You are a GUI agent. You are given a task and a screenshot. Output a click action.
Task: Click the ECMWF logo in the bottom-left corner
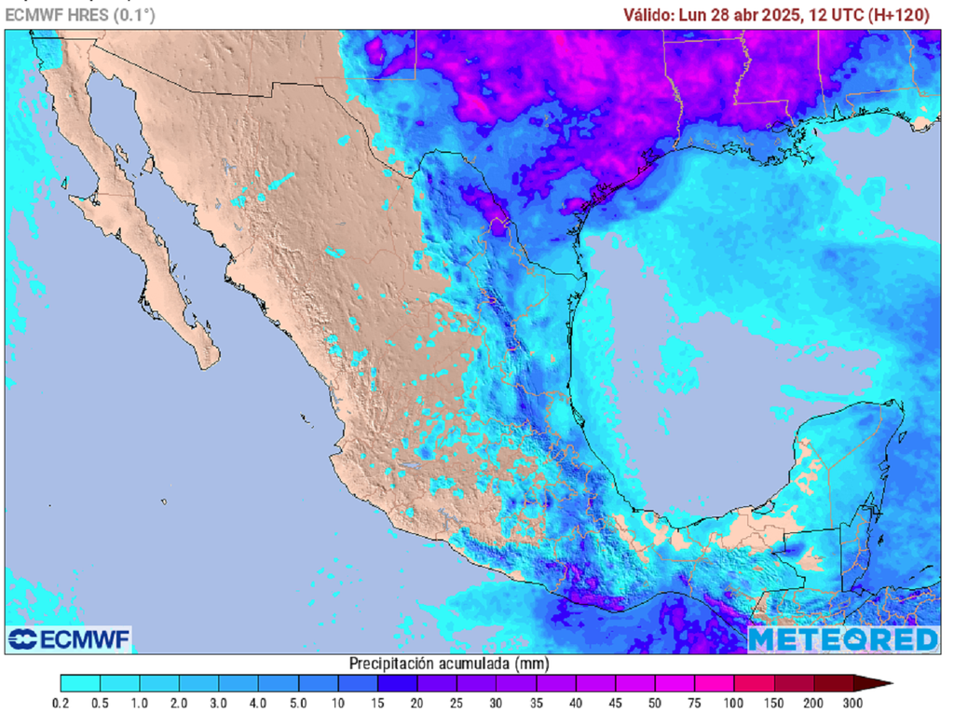(68, 639)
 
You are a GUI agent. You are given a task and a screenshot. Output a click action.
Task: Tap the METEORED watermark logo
(843, 639)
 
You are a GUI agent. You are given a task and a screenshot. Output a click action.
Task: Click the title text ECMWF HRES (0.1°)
(81, 15)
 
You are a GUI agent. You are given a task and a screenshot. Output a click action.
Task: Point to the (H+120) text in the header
(899, 15)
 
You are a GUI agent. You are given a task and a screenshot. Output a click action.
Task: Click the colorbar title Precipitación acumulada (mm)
(449, 664)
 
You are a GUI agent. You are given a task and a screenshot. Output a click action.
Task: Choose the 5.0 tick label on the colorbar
(299, 703)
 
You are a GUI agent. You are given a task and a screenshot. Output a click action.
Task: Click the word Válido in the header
(650, 15)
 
